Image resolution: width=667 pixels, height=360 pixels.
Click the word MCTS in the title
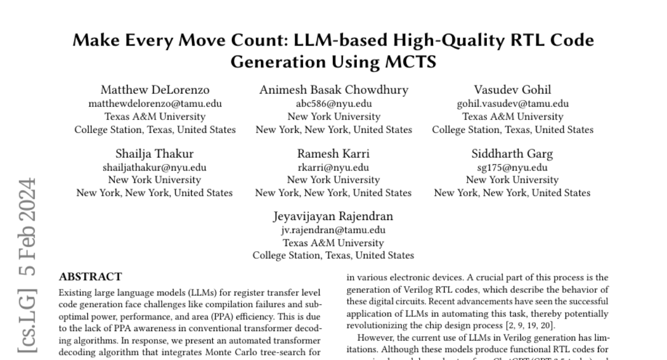411,62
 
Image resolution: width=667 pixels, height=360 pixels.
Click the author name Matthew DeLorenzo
155,90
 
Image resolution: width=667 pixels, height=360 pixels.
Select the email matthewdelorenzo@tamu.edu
155,103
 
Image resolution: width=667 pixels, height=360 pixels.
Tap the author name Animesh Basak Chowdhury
333,90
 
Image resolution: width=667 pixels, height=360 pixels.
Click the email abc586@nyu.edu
333,103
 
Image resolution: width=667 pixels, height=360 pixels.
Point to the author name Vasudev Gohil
512,90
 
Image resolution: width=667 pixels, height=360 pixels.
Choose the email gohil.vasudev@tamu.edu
512,103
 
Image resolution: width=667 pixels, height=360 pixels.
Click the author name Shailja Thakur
155,153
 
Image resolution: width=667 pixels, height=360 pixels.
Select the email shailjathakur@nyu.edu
155,167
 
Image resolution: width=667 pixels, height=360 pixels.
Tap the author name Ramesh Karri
333,153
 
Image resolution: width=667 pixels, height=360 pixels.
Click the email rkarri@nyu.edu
333,167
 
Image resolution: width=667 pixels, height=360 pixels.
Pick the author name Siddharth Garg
512,153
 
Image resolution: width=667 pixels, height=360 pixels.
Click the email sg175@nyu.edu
512,167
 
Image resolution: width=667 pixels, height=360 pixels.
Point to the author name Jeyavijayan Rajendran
333,217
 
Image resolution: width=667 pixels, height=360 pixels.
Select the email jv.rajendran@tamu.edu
333,230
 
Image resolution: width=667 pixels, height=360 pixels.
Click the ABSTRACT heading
91,277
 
